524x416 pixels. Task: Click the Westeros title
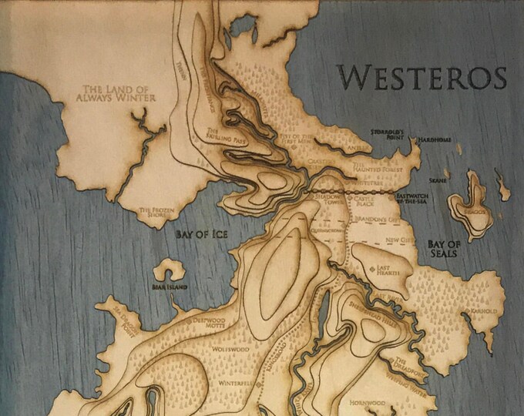tap(422, 79)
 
